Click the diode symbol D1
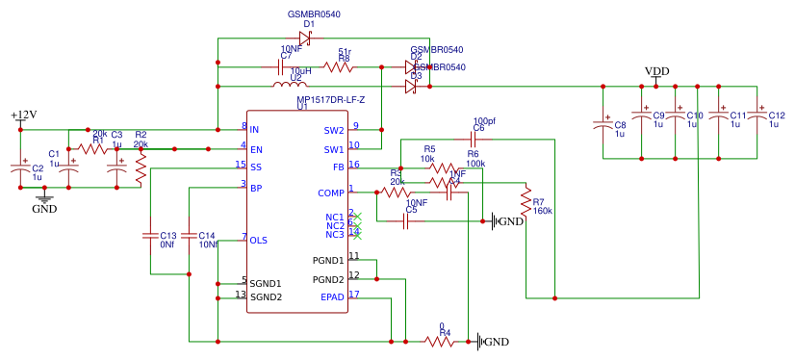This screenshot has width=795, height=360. point(305,39)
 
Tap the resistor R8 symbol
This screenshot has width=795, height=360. point(338,66)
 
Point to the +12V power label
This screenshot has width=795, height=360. point(24,116)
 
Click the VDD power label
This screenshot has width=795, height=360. point(656,72)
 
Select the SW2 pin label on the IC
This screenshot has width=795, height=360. point(333,130)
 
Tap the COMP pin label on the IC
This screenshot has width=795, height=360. point(331,193)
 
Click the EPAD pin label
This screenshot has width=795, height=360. point(332,297)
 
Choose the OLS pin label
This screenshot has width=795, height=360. point(259,240)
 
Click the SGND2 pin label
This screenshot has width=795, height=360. point(266,297)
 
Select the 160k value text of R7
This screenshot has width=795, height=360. point(543,210)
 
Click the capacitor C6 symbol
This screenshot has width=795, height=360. point(478,139)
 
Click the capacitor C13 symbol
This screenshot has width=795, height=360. point(150,235)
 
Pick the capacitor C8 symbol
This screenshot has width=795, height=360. point(603,123)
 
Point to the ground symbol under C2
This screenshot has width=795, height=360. point(44,199)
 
